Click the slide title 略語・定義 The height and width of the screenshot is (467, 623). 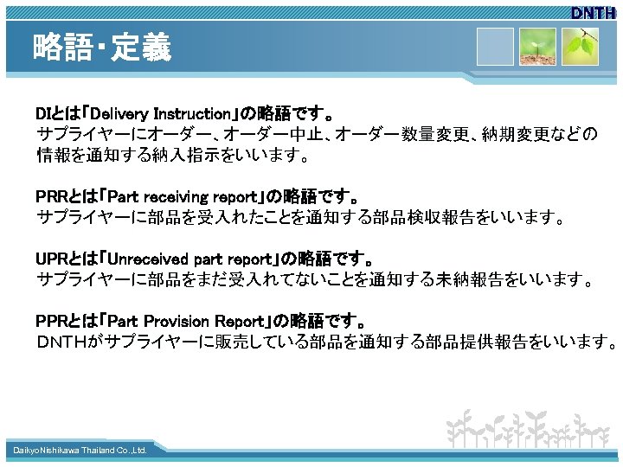[x=102, y=48]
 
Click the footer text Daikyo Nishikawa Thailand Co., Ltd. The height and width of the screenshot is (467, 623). [x=80, y=451]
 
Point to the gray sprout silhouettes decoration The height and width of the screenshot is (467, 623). [x=529, y=428]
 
